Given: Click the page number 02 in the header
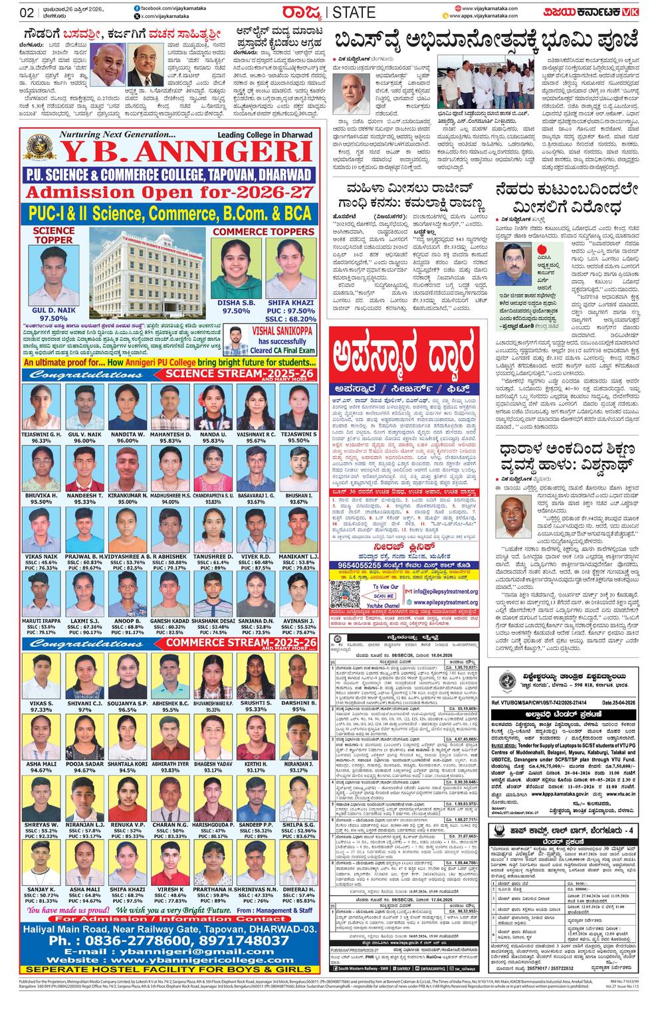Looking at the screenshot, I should pos(27,13).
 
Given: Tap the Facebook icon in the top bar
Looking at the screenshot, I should pos(136,7).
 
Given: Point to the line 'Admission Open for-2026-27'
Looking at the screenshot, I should pos(169,193).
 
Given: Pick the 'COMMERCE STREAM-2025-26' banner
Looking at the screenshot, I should pos(236,643).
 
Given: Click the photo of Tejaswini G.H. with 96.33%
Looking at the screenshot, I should pos(41,406).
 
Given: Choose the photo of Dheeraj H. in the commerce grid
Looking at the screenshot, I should pos(298,863).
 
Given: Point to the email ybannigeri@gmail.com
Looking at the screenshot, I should pos(169,952).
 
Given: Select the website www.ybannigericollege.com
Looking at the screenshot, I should pos(169,960).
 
